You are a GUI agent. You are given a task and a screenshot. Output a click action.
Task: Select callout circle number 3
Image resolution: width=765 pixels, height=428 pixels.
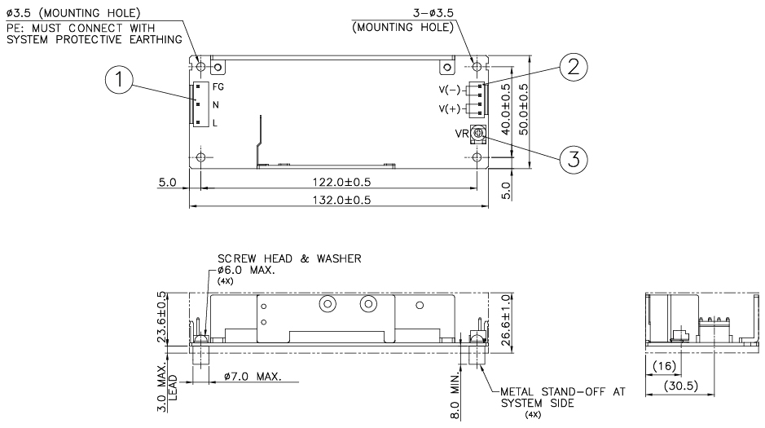[x=574, y=159]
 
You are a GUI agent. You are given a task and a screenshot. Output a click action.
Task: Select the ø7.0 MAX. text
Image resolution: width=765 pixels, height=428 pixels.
[x=251, y=377]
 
